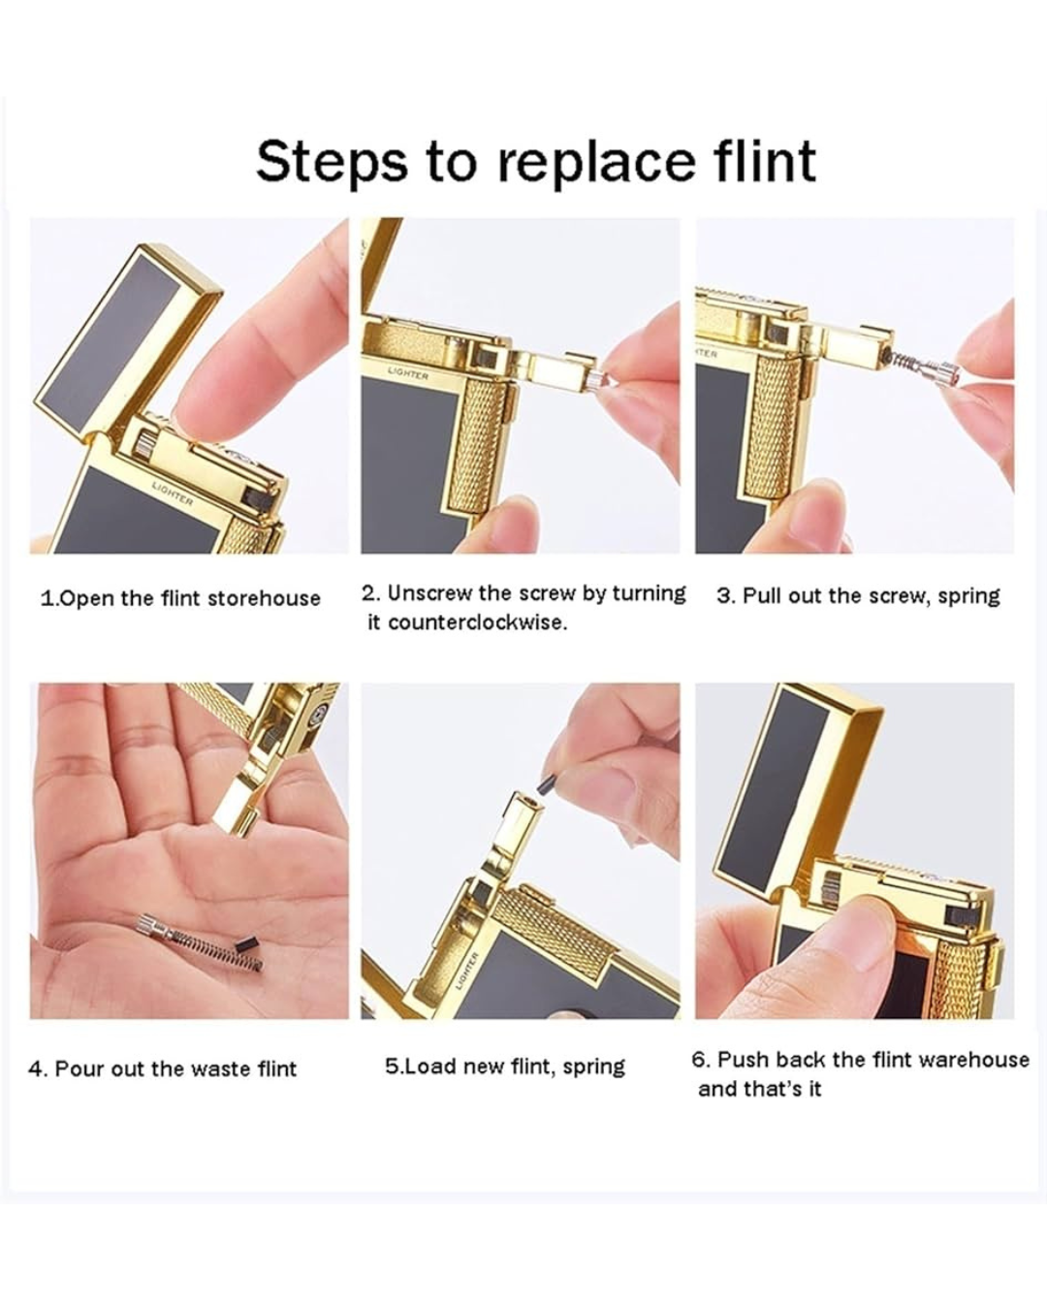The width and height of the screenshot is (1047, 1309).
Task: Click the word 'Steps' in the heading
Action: pos(331,161)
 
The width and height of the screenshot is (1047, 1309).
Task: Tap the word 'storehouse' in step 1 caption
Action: pos(264,598)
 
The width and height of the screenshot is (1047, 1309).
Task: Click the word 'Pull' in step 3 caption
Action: pos(759,595)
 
